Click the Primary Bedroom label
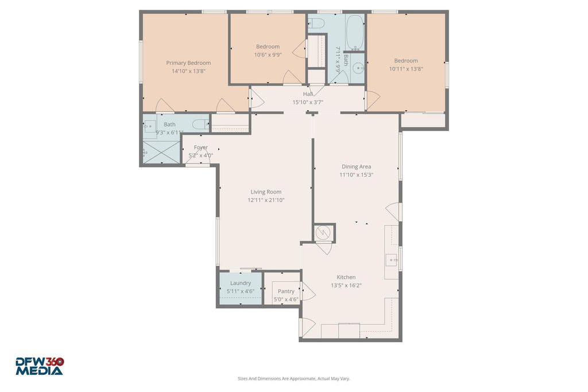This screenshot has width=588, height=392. click(x=188, y=63)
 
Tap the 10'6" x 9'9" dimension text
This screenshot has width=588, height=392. click(x=268, y=55)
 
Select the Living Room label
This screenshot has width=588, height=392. click(x=266, y=192)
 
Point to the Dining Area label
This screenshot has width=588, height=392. click(x=356, y=167)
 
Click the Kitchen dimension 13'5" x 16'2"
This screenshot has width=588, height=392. click(x=346, y=286)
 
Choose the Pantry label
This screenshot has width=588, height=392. click(x=286, y=291)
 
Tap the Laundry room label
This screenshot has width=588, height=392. click(x=241, y=284)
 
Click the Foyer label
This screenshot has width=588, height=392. click(x=200, y=148)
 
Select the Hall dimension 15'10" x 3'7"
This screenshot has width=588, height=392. click(x=308, y=102)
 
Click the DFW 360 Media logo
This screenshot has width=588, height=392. click(x=40, y=366)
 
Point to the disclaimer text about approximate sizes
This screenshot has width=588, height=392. click(x=293, y=378)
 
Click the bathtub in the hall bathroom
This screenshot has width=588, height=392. click(x=354, y=33)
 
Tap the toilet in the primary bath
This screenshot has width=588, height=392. click(x=200, y=123)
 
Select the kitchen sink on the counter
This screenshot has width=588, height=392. click(x=392, y=260)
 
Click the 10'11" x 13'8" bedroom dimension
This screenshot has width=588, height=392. click(x=406, y=69)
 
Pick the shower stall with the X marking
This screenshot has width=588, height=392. click(x=161, y=152)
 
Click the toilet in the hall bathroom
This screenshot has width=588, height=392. click(x=316, y=23)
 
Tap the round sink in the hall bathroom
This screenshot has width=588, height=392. click(x=359, y=68)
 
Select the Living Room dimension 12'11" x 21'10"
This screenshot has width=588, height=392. click(x=266, y=200)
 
